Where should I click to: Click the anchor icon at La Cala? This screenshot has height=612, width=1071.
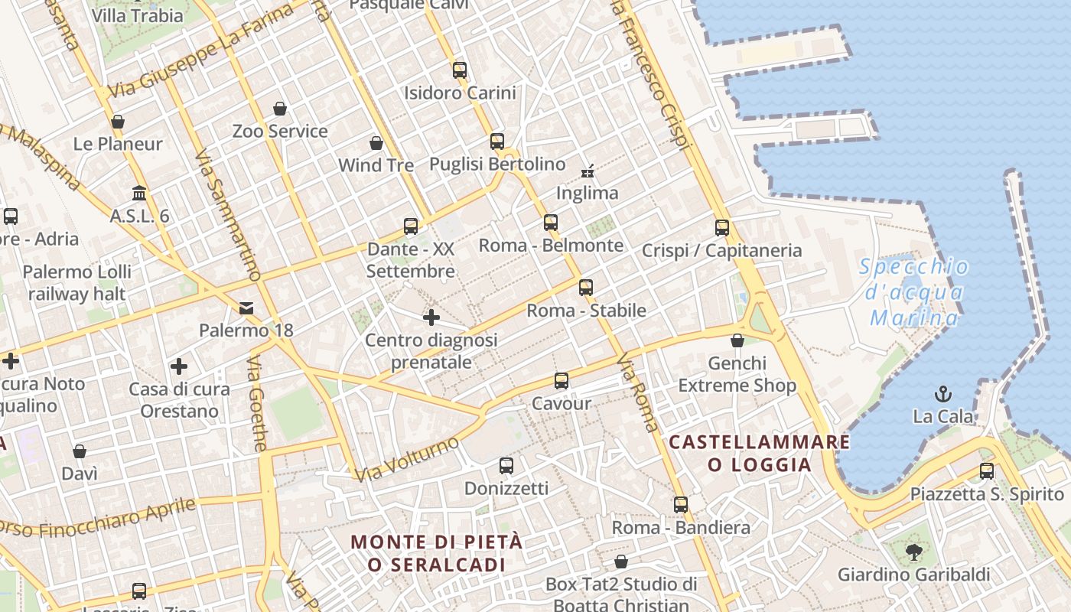tap(943, 394)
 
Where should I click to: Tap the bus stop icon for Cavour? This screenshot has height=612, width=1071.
tap(562, 380)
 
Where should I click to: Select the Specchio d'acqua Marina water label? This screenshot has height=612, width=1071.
tap(913, 292)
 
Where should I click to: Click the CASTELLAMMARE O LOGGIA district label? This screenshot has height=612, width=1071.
tap(759, 453)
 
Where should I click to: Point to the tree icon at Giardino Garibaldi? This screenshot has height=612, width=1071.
tap(913, 551)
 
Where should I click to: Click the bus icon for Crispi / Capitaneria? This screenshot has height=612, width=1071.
tap(722, 227)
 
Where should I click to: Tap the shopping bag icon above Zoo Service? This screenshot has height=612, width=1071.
tap(280, 109)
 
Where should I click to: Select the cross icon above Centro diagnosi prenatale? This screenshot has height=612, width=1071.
tap(431, 317)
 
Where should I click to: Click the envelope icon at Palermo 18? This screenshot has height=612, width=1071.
tap(246, 308)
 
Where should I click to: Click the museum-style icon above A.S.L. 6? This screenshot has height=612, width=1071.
tap(139, 193)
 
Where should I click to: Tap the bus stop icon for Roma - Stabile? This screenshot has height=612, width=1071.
tap(586, 288)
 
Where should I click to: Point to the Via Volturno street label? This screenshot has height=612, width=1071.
tap(407, 459)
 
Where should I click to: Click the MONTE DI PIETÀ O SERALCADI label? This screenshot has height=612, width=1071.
tap(437, 553)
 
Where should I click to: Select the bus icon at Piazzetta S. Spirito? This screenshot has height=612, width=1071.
tap(987, 470)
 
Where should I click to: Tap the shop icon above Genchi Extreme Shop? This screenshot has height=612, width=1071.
tap(737, 340)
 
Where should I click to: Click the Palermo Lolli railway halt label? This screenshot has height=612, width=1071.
tap(77, 282)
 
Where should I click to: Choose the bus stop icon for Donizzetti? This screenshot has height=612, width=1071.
tap(506, 465)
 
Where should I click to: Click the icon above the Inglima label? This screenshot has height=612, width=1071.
tap(588, 171)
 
